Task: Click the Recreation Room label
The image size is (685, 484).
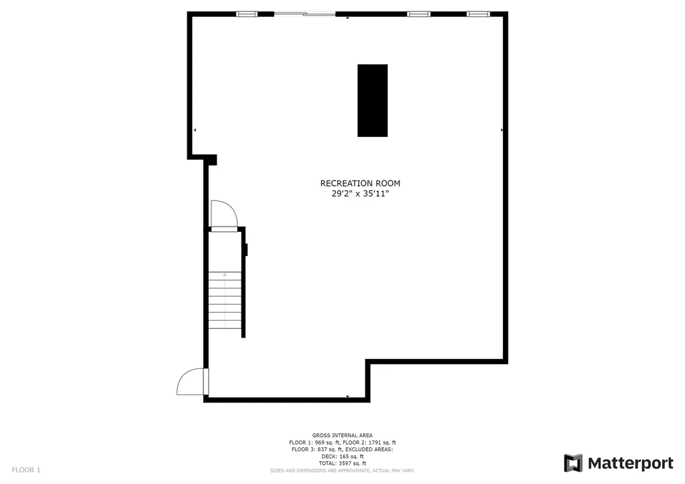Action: (x=360, y=183)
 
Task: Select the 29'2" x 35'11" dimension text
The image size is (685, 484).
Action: (x=360, y=194)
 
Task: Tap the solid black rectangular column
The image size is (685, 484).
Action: (x=373, y=100)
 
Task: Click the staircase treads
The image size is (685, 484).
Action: (x=225, y=300)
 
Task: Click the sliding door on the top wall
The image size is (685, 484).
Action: (x=304, y=14)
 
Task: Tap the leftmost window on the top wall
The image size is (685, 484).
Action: (x=247, y=14)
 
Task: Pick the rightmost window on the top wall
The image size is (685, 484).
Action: (x=478, y=14)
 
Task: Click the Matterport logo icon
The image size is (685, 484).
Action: (x=573, y=463)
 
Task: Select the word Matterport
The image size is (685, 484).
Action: (x=630, y=463)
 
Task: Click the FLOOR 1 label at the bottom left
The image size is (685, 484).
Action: (x=26, y=470)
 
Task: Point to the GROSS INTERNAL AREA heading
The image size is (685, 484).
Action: (x=342, y=435)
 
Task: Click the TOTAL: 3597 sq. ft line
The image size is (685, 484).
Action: (x=342, y=463)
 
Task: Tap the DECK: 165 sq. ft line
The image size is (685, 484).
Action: (x=342, y=456)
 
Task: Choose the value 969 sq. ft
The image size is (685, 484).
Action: (x=327, y=442)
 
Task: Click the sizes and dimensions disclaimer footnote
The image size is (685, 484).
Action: (x=342, y=471)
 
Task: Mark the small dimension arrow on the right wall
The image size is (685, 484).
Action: (x=502, y=130)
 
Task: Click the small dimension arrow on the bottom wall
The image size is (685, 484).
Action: (x=348, y=396)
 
